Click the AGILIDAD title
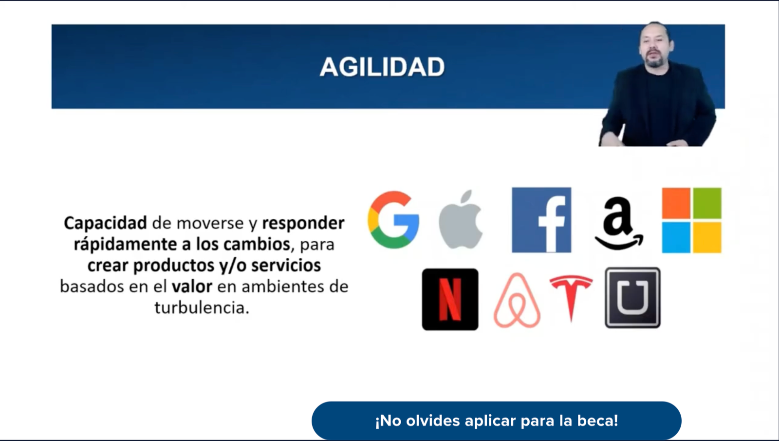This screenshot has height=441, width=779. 382,67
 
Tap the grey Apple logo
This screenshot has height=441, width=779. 461,220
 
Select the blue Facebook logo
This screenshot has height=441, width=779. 541,220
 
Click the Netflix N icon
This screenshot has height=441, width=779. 450,299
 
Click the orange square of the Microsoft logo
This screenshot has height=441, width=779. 676,203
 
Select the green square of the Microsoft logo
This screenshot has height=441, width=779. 707,203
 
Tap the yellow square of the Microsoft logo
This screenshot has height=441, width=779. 707,238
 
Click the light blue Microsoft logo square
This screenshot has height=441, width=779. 676,238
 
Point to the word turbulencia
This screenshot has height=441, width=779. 202,307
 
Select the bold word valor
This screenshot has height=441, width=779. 192,287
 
